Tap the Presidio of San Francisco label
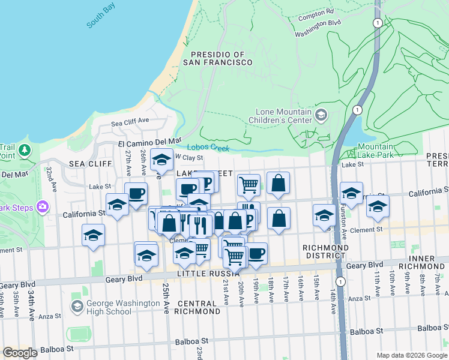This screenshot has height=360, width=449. (214, 58)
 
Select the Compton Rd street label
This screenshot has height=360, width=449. (316, 13)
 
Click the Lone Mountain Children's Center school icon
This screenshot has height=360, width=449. (321, 115)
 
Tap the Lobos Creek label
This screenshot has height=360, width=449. (208, 148)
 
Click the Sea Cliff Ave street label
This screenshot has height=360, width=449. (130, 121)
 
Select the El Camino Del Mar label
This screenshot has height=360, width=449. (149, 142)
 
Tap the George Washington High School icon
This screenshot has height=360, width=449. (77, 307)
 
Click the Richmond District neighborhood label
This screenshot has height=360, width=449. (325, 251)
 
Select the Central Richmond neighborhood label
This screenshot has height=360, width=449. (197, 307)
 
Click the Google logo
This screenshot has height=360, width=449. (20, 352)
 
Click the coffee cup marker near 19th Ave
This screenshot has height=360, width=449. (257, 253)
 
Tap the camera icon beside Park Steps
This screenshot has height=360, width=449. (43, 208)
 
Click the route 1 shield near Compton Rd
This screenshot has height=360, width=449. (376, 22)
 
